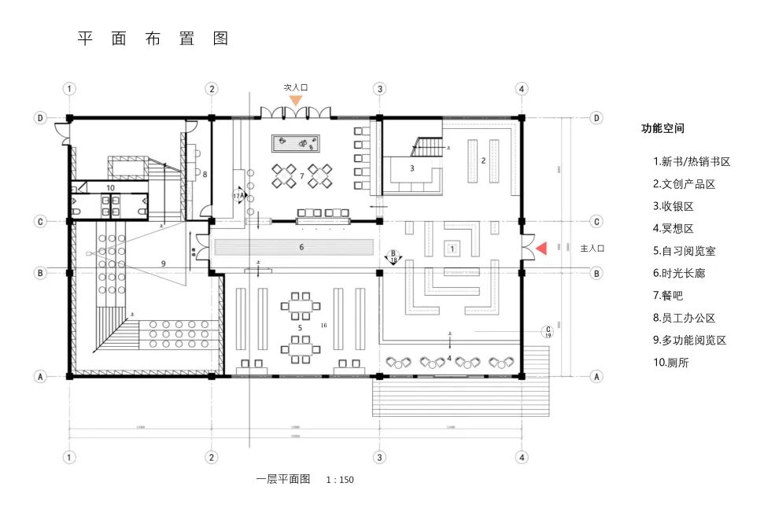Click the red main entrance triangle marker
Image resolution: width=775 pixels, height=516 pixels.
tap(541, 249)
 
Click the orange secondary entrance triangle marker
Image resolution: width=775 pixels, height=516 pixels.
tap(295, 101)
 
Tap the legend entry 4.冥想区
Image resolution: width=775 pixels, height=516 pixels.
tap(673, 228)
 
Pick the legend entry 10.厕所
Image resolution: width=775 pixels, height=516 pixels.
tap(670, 363)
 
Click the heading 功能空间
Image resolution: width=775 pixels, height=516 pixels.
tap(662, 128)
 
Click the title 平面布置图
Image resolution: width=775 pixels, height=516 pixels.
tap(153, 39)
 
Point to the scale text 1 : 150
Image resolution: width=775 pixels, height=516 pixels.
tap(341, 479)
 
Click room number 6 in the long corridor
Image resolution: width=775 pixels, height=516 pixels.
tap(301, 248)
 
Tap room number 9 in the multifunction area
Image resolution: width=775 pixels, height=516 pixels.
tap(164, 264)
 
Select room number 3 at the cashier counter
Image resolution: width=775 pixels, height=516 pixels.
tap(411, 168)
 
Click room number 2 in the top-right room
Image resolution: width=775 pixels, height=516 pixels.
tap(484, 160)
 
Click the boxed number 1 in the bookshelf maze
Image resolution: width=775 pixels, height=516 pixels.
tap(452, 248)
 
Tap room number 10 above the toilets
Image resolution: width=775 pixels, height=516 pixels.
tap(110, 188)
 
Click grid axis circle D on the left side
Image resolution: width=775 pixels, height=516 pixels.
tap(40, 118)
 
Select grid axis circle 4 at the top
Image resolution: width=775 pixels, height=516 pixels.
tap(521, 88)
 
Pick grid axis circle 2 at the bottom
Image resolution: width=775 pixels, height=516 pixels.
tap(212, 457)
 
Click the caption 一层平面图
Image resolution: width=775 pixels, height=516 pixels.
tap(283, 478)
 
